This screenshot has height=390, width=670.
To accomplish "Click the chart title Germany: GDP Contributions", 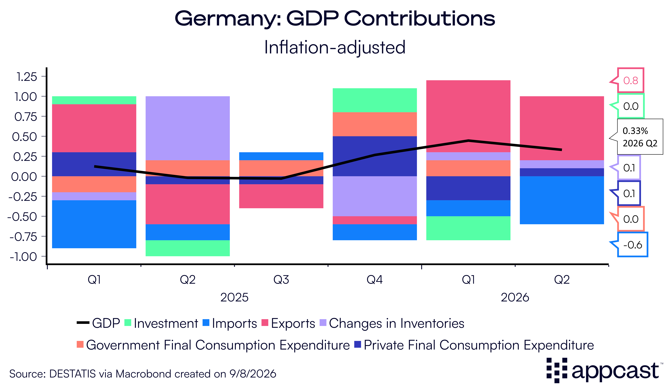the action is pyautogui.click(x=335, y=19).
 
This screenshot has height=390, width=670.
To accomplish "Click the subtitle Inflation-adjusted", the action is pyautogui.click(x=335, y=47).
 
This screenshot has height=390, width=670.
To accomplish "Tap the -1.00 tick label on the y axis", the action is pyautogui.click(x=23, y=257).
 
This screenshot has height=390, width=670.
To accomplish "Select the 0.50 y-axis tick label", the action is pyautogui.click(x=24, y=137).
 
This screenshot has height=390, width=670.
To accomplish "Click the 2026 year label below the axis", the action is pyautogui.click(x=515, y=297).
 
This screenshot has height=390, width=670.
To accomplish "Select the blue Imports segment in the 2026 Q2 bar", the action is pyautogui.click(x=562, y=200).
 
